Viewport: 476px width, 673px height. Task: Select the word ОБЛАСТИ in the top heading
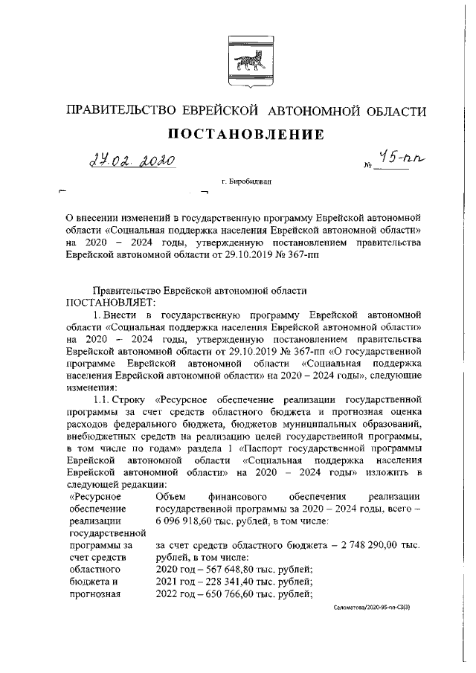coord(392,112)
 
